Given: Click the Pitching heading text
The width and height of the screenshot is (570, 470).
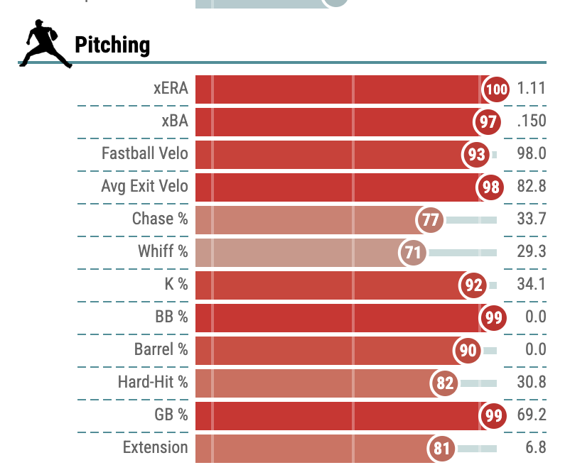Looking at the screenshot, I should pos(112,45).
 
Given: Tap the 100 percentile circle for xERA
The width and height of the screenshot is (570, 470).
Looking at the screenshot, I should pos(496,89).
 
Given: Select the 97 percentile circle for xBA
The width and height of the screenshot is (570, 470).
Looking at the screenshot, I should pos(488,122).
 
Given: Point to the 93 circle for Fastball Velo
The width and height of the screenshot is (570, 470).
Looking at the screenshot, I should pos(477,155).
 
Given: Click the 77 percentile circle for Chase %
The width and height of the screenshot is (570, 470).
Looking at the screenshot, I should pos(431,220).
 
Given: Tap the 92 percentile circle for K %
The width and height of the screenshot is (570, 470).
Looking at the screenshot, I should pos(474,285).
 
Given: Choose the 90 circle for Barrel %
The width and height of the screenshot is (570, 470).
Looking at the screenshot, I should pos(468,351).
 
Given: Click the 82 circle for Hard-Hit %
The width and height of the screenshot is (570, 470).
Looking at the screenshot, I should pos(445,383).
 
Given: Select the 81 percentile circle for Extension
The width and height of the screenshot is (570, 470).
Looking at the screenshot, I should pos(441,449).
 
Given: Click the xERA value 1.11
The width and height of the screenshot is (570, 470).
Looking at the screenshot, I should pos(531,89).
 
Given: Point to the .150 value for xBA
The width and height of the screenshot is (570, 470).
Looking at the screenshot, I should pos(532,121).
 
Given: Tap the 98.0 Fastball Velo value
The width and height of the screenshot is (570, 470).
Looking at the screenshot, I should pos(532,154).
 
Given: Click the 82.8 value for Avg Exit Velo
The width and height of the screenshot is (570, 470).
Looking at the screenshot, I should pos(532,187).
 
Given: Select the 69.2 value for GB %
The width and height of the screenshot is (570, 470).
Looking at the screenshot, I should pos(532,415).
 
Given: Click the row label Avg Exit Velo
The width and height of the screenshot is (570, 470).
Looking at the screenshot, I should pos(144,187).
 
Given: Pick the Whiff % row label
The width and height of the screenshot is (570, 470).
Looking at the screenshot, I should pos(163,252).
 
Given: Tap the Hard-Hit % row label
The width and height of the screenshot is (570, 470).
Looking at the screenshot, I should pos(153,383).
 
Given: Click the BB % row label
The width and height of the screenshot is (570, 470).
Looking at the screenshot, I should pos(171,317).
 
